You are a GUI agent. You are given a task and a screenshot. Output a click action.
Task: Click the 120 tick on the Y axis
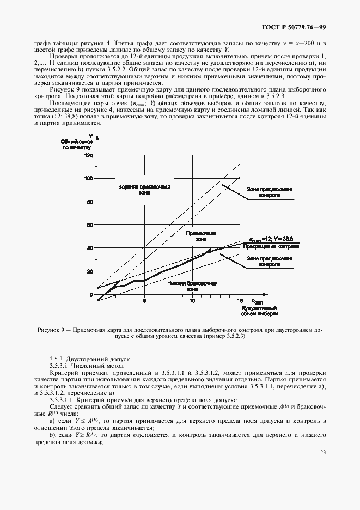89,155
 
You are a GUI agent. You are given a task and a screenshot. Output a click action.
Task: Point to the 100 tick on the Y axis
89,178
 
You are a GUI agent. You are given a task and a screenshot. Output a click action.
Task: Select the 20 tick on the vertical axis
90,271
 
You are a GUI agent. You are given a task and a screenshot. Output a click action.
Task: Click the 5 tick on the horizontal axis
144,300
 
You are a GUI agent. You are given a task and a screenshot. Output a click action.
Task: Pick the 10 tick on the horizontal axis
192,300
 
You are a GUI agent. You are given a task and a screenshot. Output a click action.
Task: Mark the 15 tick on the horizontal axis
240,300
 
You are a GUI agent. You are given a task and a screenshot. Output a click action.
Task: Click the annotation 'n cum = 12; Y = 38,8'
271,239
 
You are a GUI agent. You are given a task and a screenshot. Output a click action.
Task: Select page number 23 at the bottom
322,452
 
